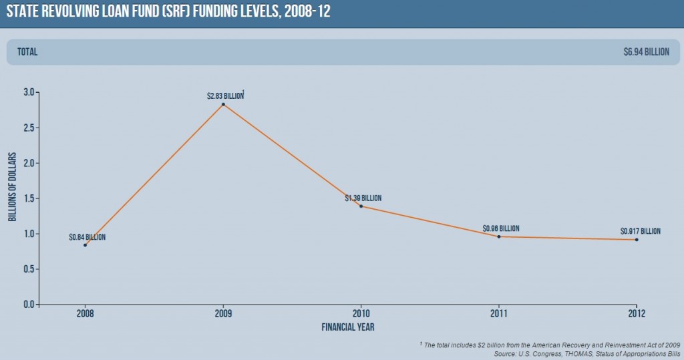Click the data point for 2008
[x=85, y=245]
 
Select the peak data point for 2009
[x=223, y=104]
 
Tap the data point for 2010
[x=361, y=206]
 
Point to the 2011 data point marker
[x=498, y=236]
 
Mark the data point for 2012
[x=637, y=239]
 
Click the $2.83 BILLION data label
[x=225, y=96]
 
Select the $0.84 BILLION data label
[x=87, y=237]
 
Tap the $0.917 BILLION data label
[x=640, y=231]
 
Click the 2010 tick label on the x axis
[x=361, y=314]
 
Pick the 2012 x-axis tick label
[x=637, y=314]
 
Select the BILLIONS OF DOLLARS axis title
[x=12, y=187]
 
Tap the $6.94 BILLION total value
[x=646, y=52]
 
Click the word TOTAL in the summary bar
[x=28, y=52]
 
